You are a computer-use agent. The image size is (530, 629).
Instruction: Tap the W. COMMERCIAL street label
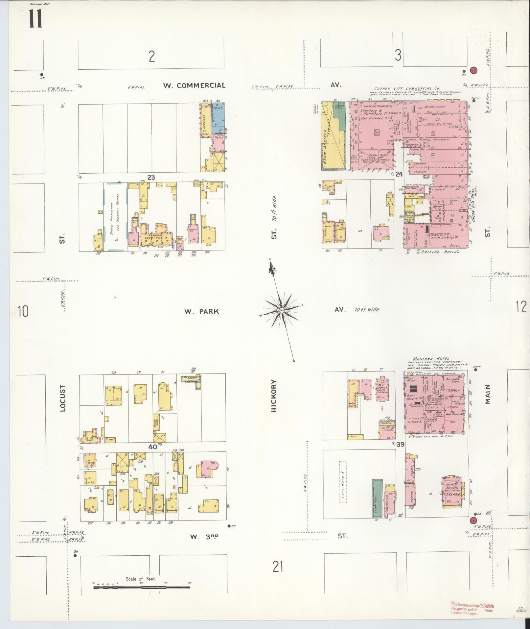pyautogui.click(x=195, y=86)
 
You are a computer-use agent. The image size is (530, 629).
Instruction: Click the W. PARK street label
pyautogui.click(x=201, y=311)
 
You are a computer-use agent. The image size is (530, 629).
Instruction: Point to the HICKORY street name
pyautogui.click(x=275, y=396)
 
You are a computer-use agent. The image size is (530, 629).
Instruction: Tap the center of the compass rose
pyautogui.click(x=282, y=310)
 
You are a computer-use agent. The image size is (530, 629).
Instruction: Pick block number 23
pyautogui.click(x=151, y=178)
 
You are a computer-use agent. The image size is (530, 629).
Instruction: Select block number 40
pyautogui.click(x=153, y=447)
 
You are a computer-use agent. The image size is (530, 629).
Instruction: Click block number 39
pyautogui.click(x=400, y=445)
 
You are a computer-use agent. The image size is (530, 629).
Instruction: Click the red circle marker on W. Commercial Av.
pyautogui.click(x=473, y=70)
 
